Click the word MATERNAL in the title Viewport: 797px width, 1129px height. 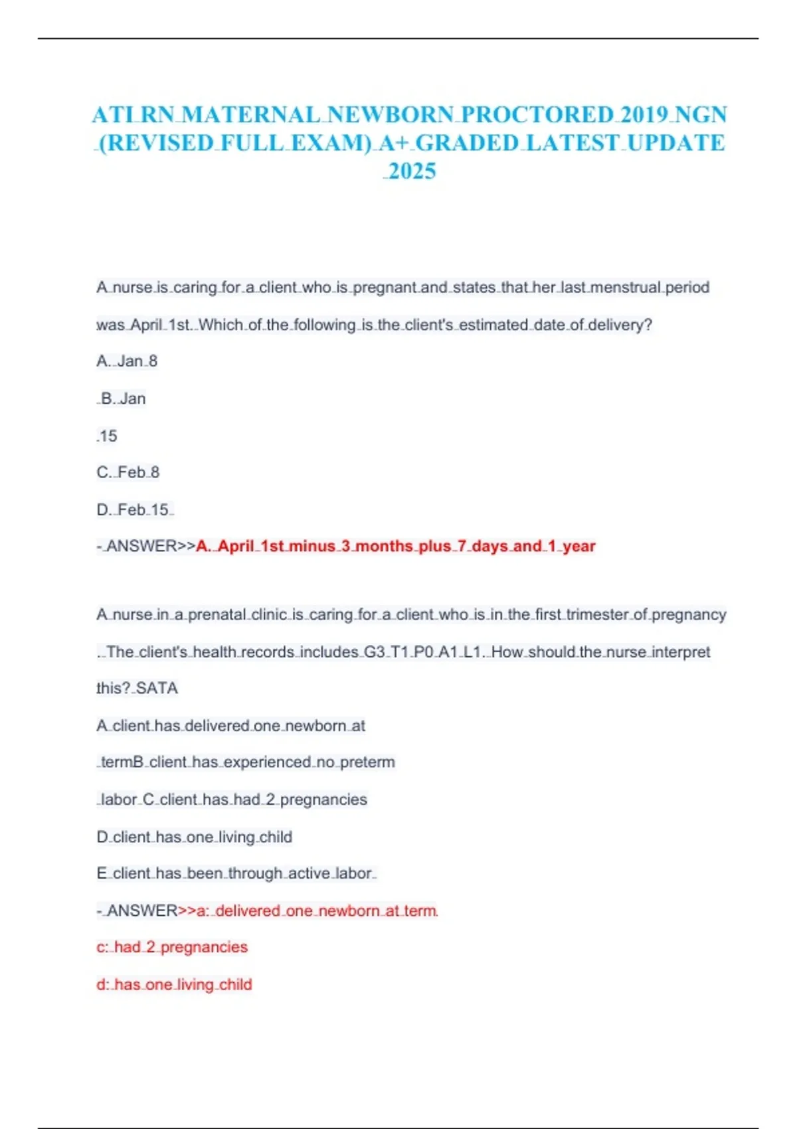tap(250, 115)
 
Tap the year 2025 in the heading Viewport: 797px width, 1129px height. tap(412, 171)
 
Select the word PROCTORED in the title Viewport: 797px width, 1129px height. tap(537, 115)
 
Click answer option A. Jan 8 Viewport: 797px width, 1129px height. tap(127, 361)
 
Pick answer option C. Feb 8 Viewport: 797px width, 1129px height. tap(128, 472)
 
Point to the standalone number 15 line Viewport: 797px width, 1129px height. tap(107, 436)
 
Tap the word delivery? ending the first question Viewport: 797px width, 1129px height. tap(620, 325)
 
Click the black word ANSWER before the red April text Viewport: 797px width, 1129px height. tap(141, 547)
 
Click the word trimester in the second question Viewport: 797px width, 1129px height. tap(596, 615)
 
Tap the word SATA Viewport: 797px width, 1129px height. tap(157, 688)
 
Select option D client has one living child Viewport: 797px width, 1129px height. tap(194, 837)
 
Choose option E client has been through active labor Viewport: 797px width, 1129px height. tap(236, 873)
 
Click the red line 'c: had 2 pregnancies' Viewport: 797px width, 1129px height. tap(172, 947)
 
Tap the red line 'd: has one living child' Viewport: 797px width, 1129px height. tap(174, 984)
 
